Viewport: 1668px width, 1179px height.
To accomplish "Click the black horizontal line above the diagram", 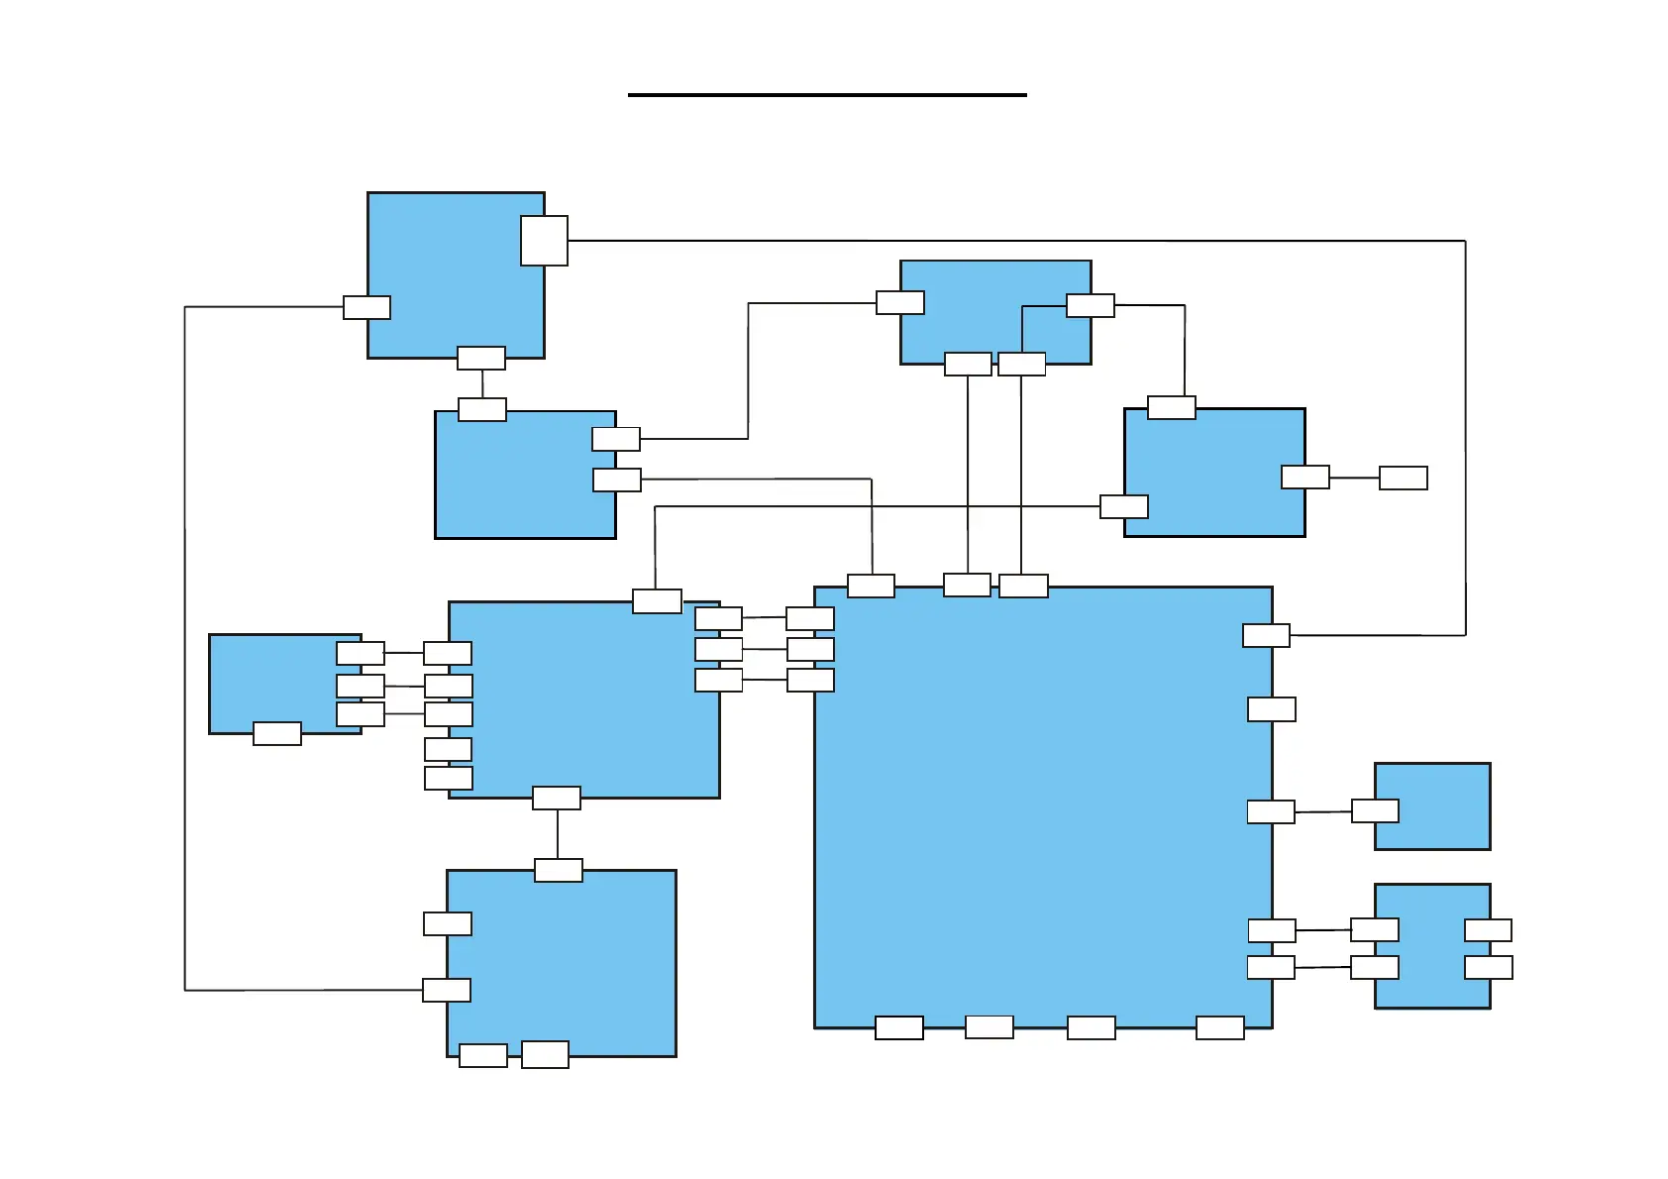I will click(827, 95).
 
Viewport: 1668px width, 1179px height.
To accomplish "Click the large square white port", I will click(544, 241).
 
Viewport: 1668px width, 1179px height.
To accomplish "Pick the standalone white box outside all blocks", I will click(1403, 478).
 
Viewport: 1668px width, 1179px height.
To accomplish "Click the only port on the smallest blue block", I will click(1375, 811).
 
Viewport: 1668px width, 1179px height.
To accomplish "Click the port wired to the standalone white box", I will click(1304, 478).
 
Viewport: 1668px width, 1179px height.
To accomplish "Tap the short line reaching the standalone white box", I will click(1354, 478).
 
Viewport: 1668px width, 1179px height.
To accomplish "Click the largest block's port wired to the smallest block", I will click(1270, 812).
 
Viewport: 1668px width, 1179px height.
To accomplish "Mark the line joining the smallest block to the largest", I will click(1322, 811).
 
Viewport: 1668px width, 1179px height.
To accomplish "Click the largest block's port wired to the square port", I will click(1266, 635).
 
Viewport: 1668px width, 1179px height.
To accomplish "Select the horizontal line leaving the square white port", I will click(990, 241).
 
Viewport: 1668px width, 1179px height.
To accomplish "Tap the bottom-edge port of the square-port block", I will click(481, 358).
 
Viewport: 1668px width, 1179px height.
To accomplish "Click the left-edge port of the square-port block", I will click(366, 307).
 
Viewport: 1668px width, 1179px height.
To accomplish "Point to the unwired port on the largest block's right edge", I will click(1271, 709).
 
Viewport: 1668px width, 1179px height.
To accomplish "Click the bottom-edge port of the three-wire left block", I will click(277, 733).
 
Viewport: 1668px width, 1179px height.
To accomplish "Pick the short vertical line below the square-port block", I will click(482, 384).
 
